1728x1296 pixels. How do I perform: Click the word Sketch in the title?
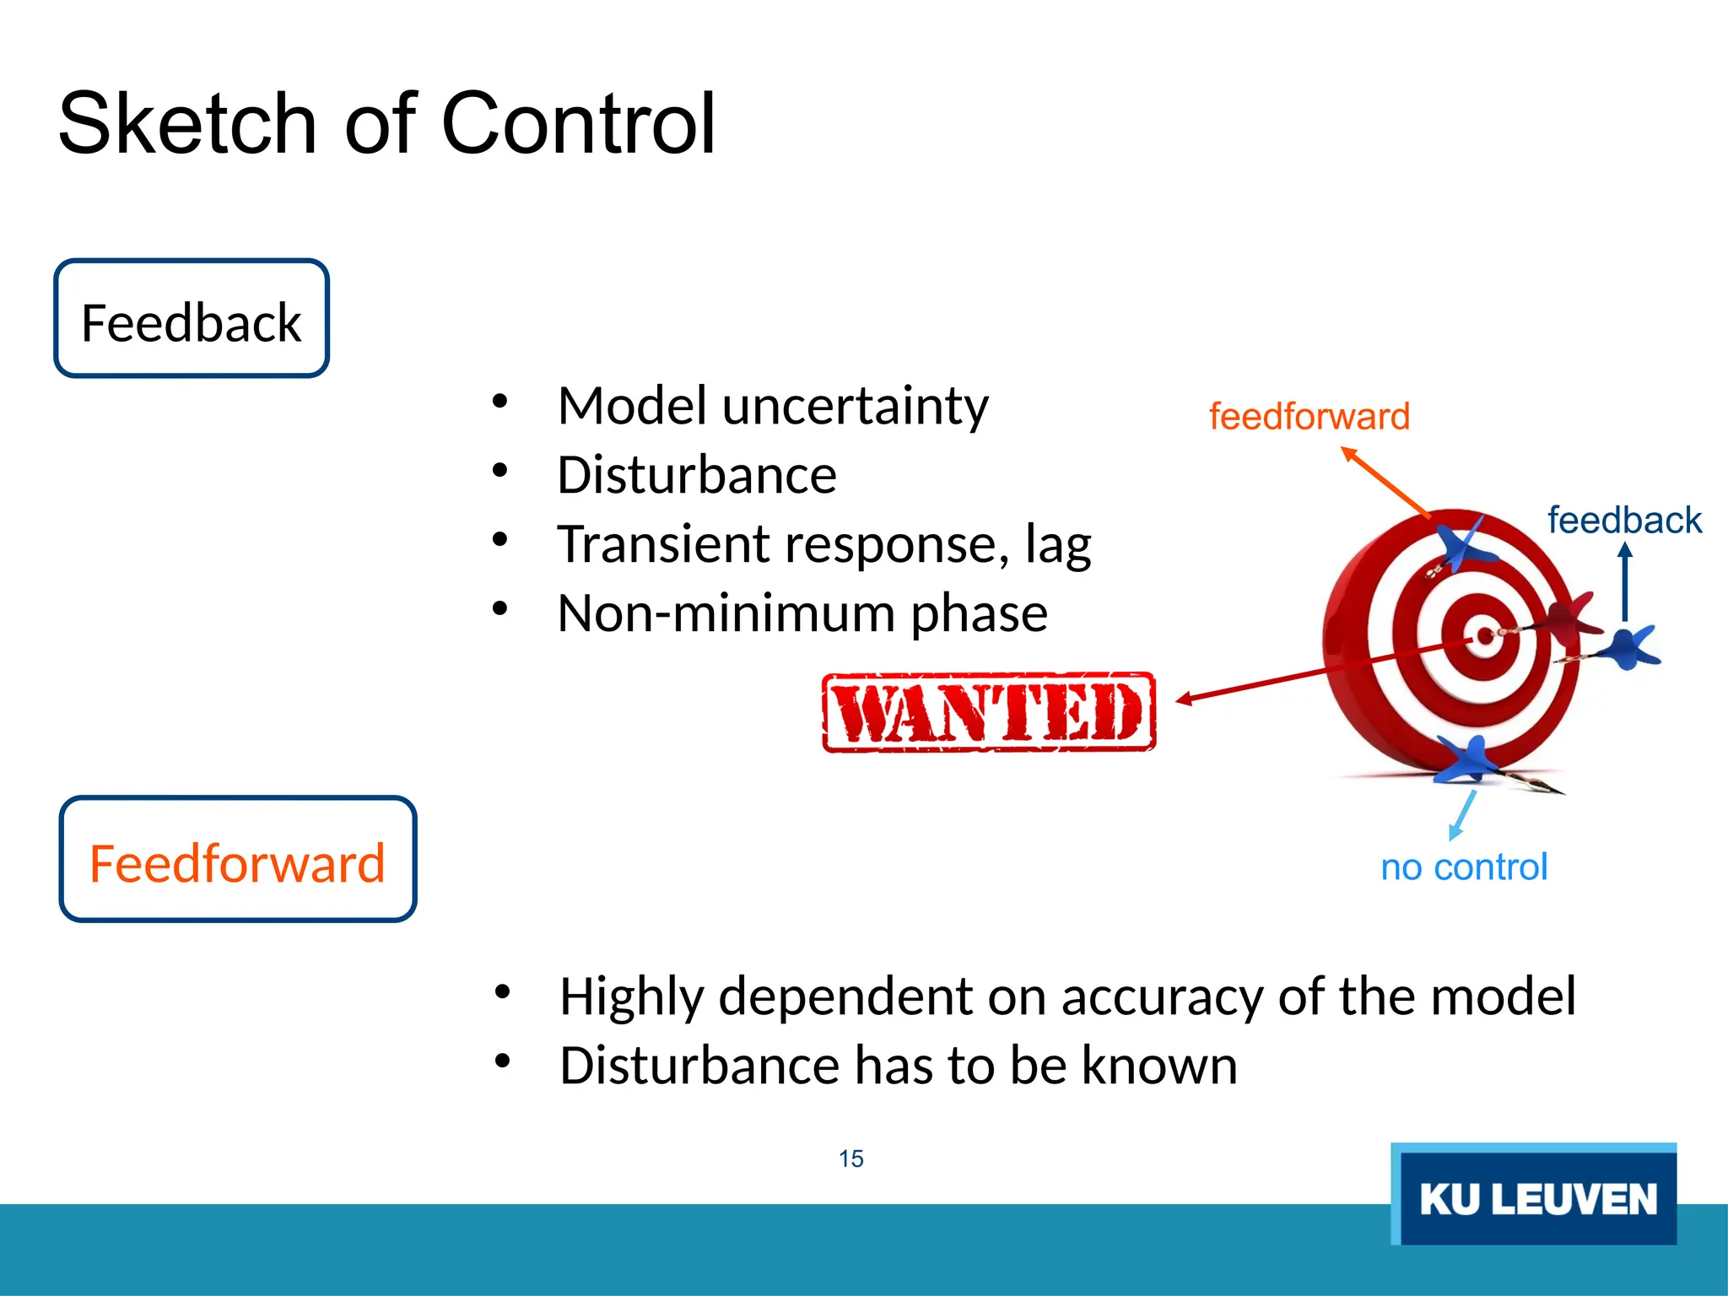tap(186, 125)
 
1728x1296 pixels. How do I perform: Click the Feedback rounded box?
tap(192, 319)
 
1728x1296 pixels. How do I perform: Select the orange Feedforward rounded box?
tap(238, 860)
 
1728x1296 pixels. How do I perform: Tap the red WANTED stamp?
tap(989, 713)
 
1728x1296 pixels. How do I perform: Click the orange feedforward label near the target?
tap(1309, 417)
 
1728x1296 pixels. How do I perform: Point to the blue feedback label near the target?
tap(1624, 520)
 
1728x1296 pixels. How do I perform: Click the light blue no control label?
tap(1464, 867)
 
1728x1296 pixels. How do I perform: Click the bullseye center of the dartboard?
tap(1482, 634)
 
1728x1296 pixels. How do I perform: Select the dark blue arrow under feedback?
tap(1625, 582)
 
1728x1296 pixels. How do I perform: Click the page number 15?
tap(850, 1158)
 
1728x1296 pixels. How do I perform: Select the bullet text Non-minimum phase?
tap(802, 613)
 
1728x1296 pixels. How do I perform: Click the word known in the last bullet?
tap(1159, 1066)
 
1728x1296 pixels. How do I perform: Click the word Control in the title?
tap(578, 125)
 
